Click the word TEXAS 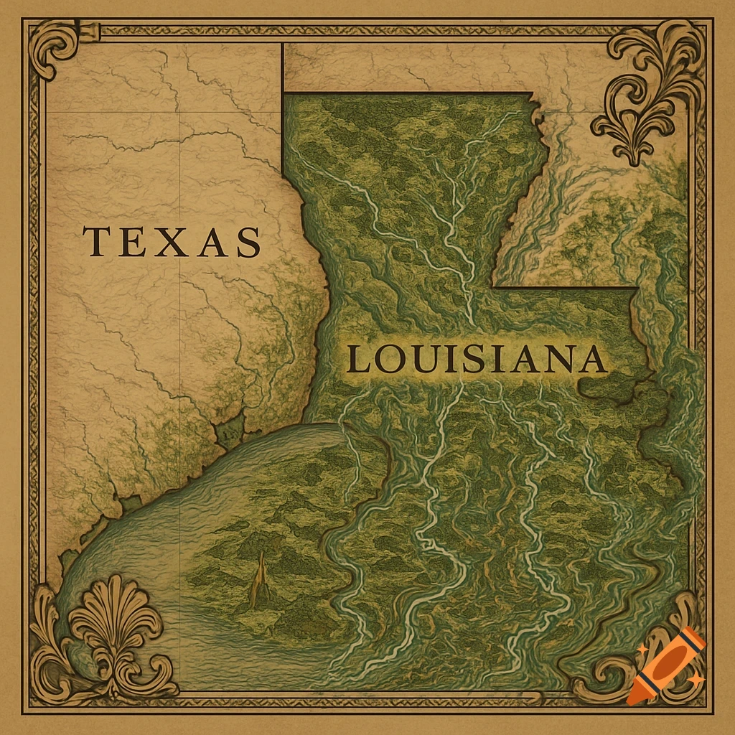pos(172,242)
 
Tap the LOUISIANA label pos(477,359)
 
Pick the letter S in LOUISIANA pos(474,360)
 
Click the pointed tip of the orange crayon pos(634,696)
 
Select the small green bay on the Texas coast pos(231,431)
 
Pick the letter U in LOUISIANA pos(425,360)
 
